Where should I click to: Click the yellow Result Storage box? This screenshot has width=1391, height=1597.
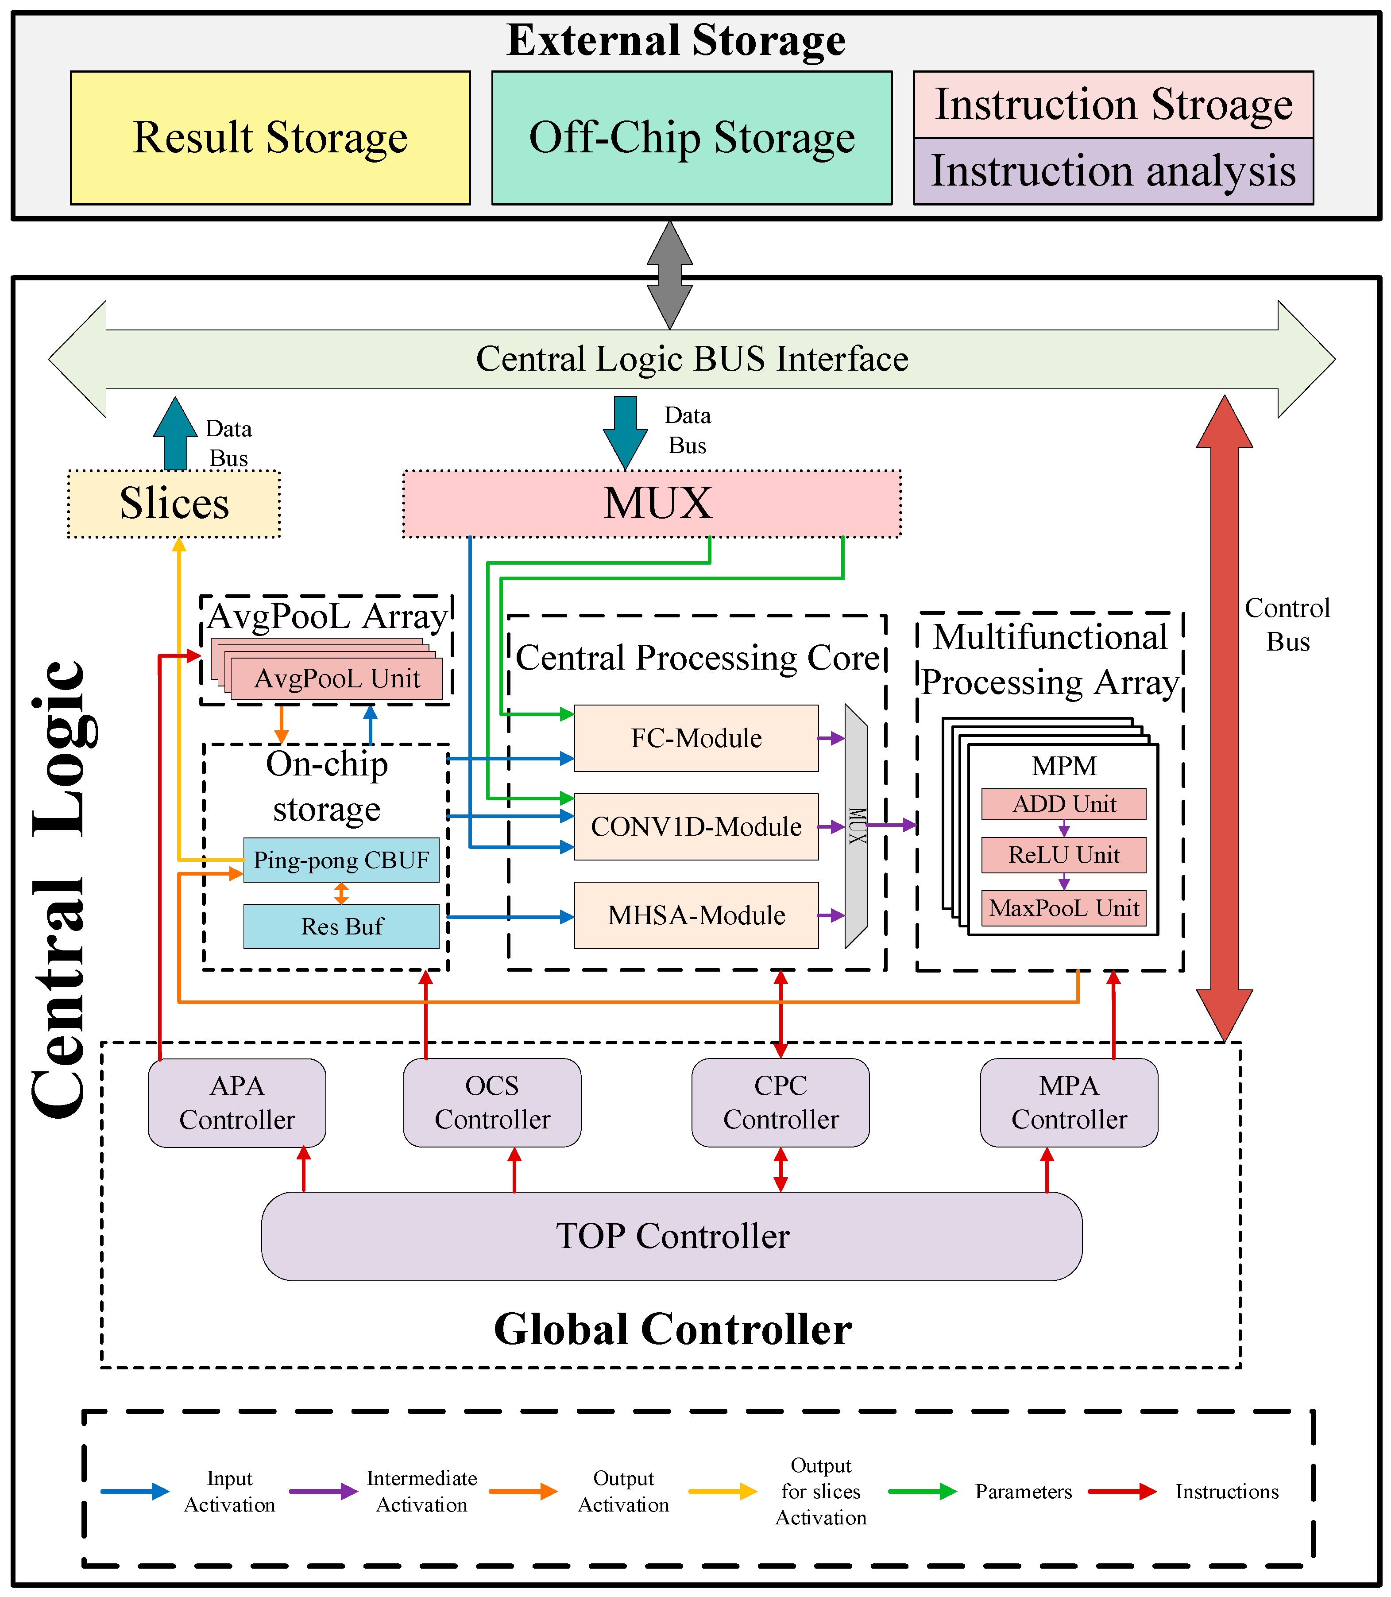pyautogui.click(x=270, y=138)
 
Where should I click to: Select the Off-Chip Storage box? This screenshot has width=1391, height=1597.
pyautogui.click(x=692, y=138)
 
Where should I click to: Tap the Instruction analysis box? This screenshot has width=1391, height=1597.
pyautogui.click(x=1113, y=171)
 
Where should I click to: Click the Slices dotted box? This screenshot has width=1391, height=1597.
pyautogui.click(x=174, y=503)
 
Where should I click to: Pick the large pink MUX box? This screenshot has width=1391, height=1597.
pyautogui.click(x=652, y=503)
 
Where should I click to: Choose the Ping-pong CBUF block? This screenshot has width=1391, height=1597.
pyautogui.click(x=341, y=860)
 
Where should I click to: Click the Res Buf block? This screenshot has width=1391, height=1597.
pyautogui.click(x=341, y=926)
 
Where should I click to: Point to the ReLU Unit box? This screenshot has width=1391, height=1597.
pyautogui.click(x=1063, y=855)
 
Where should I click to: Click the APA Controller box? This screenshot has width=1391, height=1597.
pyautogui.click(x=237, y=1102)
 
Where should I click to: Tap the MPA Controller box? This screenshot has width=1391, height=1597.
pyautogui.click(x=1069, y=1102)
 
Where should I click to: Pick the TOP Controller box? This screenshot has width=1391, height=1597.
pyautogui.click(x=672, y=1236)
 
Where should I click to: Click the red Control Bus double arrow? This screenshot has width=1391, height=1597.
pyautogui.click(x=1224, y=718)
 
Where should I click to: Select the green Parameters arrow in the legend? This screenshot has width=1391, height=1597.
pyautogui.click(x=922, y=1491)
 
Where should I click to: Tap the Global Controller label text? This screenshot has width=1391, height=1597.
pyautogui.click(x=672, y=1329)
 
